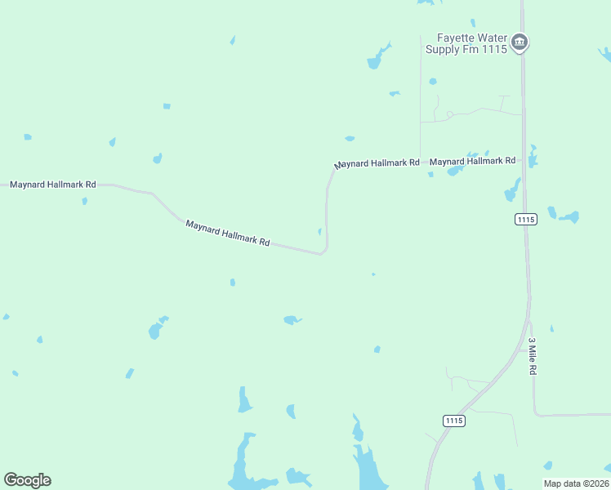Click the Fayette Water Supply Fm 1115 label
(x=466, y=43)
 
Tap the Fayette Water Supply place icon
(x=520, y=42)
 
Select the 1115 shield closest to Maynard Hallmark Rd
(x=526, y=219)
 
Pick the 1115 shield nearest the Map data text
(x=455, y=421)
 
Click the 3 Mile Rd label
(x=532, y=356)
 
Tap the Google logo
(x=27, y=480)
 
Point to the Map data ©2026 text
(x=576, y=483)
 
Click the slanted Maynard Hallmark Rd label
(x=227, y=233)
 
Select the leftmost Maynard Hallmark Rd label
(x=53, y=185)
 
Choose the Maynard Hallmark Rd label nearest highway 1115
(x=473, y=161)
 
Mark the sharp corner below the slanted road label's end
(x=323, y=253)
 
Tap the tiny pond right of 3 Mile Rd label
(x=551, y=329)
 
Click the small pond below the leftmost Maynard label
(x=84, y=201)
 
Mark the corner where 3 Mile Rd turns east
(x=536, y=414)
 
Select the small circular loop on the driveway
(x=449, y=114)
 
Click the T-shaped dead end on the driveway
(x=503, y=97)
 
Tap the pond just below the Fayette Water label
(x=432, y=82)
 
